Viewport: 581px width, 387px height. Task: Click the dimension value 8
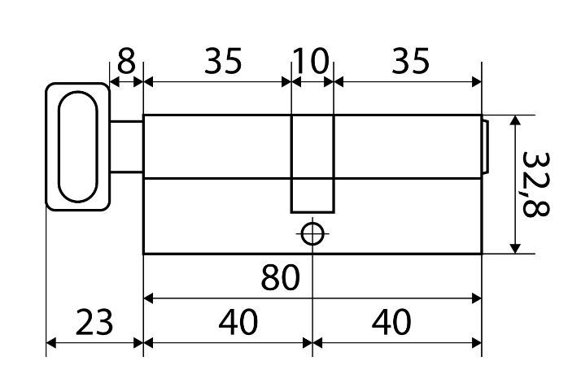click(x=127, y=60)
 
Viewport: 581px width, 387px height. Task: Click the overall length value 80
click(x=280, y=279)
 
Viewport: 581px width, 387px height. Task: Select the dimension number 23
click(x=96, y=322)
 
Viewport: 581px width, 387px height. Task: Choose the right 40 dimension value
click(x=391, y=322)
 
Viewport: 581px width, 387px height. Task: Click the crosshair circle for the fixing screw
click(x=312, y=233)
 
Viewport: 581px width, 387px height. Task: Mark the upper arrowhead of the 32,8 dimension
click(x=513, y=122)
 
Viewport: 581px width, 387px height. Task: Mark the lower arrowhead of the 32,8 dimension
click(x=513, y=247)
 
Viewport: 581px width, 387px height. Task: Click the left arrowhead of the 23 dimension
click(x=50, y=342)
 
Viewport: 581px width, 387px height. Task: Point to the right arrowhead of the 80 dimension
click(x=476, y=298)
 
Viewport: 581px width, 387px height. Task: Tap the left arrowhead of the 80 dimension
click(x=149, y=298)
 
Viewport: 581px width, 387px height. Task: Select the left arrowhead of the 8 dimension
click(x=115, y=81)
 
